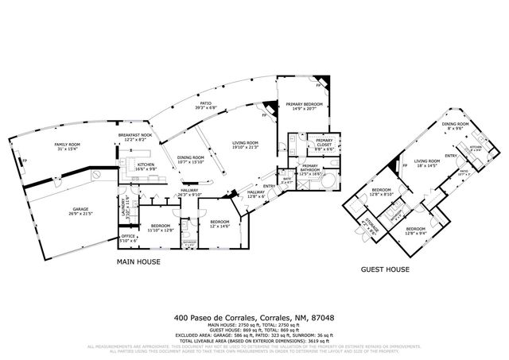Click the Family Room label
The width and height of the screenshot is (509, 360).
point(68,144)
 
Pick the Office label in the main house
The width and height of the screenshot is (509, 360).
point(128,236)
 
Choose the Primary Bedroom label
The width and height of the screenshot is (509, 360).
point(304,104)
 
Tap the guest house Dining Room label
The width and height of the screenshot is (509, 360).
point(455,124)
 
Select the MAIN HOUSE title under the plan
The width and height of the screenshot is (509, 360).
point(139,261)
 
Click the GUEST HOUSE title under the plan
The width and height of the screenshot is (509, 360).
point(386,269)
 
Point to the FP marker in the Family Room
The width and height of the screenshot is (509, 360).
point(25,161)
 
